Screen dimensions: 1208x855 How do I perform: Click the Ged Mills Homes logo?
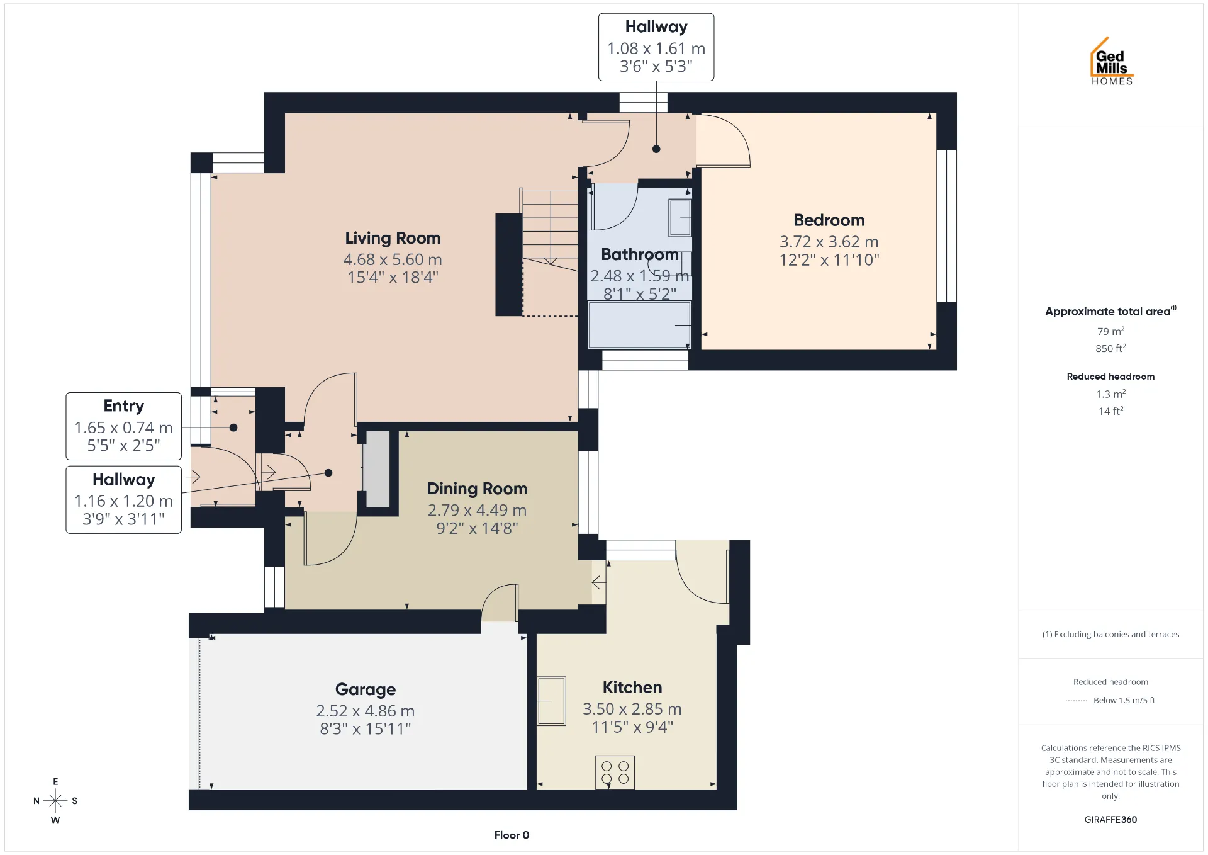1112,61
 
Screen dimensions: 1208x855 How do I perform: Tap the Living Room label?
393,238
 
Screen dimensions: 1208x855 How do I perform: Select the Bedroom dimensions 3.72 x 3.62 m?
829,242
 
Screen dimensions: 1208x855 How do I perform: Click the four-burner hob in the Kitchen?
615,772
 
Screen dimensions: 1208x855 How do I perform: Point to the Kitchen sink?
551,701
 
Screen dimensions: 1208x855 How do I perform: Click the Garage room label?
366,689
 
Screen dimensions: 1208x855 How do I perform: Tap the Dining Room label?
477,489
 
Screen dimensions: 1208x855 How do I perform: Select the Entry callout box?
124,426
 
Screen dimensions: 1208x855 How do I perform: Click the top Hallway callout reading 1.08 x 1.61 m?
656,47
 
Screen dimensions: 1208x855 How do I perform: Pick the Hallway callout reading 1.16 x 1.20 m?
124,500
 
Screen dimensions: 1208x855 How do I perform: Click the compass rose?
55,801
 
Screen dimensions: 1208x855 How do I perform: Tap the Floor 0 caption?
512,835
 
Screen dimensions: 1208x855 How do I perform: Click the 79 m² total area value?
1110,331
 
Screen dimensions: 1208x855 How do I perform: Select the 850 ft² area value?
1110,348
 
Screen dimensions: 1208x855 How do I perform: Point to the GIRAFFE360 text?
1110,820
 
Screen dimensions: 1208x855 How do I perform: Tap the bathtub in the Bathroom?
639,325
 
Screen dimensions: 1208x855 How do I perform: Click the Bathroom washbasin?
679,218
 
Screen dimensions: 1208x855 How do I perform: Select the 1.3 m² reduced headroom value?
1110,394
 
